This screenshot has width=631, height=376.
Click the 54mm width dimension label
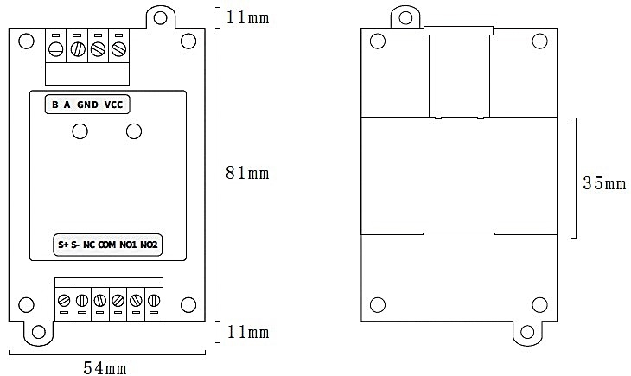click(x=105, y=367)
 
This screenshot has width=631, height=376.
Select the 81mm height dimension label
click(x=247, y=174)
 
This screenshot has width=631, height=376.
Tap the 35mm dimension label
click(x=603, y=183)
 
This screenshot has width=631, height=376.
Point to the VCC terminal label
click(x=114, y=105)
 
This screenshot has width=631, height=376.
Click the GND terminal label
click(x=87, y=105)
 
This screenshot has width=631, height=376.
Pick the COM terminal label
click(x=107, y=245)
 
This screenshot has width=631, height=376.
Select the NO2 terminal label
click(x=150, y=245)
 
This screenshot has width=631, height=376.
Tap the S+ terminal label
click(x=63, y=245)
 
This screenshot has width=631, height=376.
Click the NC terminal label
click(x=89, y=245)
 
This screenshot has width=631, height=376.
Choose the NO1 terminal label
click(x=129, y=245)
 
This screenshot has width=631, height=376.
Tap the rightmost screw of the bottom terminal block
click(x=153, y=300)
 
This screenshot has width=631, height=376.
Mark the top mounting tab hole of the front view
click(x=158, y=15)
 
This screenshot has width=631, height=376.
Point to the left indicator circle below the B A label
click(x=80, y=131)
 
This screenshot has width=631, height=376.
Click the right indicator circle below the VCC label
click(x=133, y=131)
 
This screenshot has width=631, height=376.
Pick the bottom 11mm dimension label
click(x=247, y=333)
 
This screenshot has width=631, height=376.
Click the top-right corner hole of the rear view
click(x=539, y=40)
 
